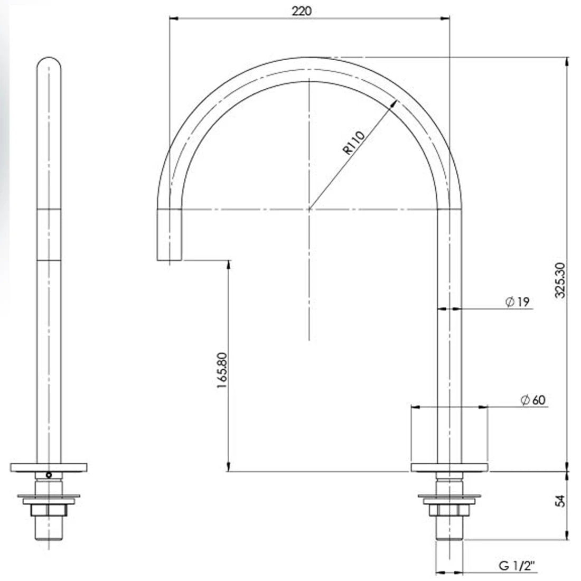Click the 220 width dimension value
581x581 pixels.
[x=309, y=10]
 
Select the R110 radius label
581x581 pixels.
[x=354, y=143]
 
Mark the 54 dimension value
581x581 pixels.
[x=561, y=501]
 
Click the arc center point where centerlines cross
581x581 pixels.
[x=309, y=210]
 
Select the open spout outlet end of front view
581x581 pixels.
[x=170, y=259]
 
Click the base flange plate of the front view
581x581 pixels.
[x=449, y=467]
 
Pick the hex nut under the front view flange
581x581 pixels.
[x=449, y=510]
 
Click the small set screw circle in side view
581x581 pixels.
[x=49, y=475]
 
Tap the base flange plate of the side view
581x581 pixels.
[x=48, y=467]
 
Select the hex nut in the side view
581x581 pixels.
[x=48, y=510]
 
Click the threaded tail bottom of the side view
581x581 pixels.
[x=48, y=536]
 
